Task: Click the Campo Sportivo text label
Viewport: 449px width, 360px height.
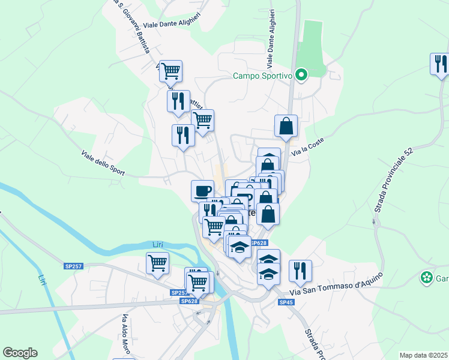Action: pyautogui.click(x=262, y=76)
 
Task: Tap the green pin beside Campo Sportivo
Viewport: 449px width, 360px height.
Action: pyautogui.click(x=302, y=76)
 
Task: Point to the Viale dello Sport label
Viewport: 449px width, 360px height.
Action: pyautogui.click(x=103, y=163)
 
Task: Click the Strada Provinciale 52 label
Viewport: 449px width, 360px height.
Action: pyautogui.click(x=393, y=181)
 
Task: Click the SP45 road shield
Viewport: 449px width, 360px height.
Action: pyautogui.click(x=286, y=302)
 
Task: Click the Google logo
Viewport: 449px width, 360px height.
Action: pyautogui.click(x=20, y=353)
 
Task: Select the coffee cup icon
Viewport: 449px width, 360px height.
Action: pyautogui.click(x=202, y=191)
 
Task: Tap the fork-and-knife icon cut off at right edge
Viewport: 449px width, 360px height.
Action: pyautogui.click(x=440, y=64)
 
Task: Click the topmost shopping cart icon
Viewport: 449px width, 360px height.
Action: pyautogui.click(x=170, y=71)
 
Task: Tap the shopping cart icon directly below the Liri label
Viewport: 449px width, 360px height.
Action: pyautogui.click(x=157, y=263)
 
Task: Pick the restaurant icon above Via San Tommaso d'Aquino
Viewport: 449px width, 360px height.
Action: pyautogui.click(x=300, y=271)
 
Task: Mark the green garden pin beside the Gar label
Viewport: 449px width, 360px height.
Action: pyautogui.click(x=426, y=278)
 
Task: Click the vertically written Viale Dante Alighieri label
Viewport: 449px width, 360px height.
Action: pyautogui.click(x=271, y=40)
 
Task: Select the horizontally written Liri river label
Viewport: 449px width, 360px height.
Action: pyautogui.click(x=158, y=244)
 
